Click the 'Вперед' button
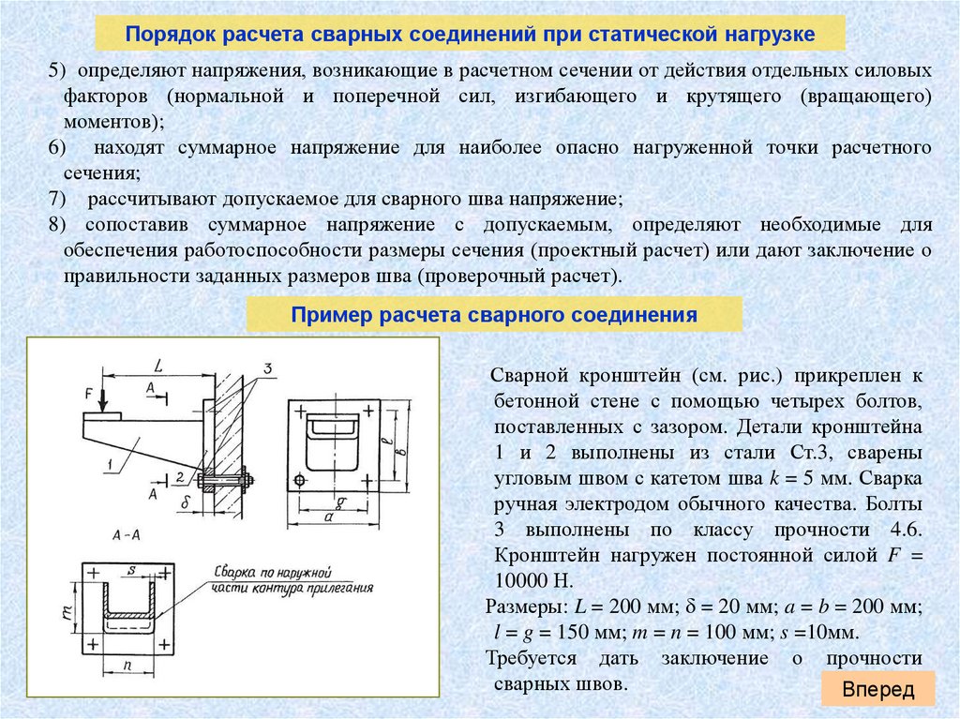pos(877,690)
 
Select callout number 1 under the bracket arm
pos(109,462)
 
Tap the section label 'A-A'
pos(126,536)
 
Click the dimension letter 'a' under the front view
pos(327,517)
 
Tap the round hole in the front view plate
pos(299,481)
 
